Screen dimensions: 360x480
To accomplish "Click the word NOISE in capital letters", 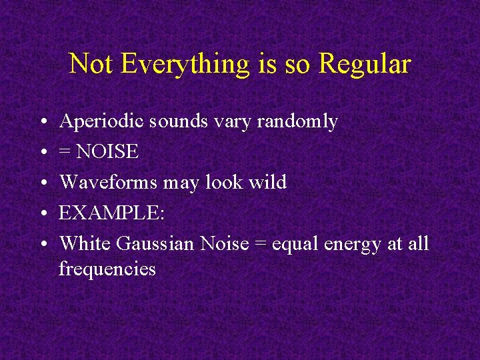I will pos(108,152).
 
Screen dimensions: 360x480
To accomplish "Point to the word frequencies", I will pos(107,269).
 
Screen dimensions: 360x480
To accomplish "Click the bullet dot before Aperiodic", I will pos(41,123).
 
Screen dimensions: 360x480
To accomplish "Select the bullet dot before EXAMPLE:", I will pos(41,213).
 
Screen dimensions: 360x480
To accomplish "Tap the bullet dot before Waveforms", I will pos(41,183).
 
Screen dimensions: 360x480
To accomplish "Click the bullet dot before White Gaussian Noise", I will pos(41,244).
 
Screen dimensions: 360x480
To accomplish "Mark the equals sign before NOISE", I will pos(65,153).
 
